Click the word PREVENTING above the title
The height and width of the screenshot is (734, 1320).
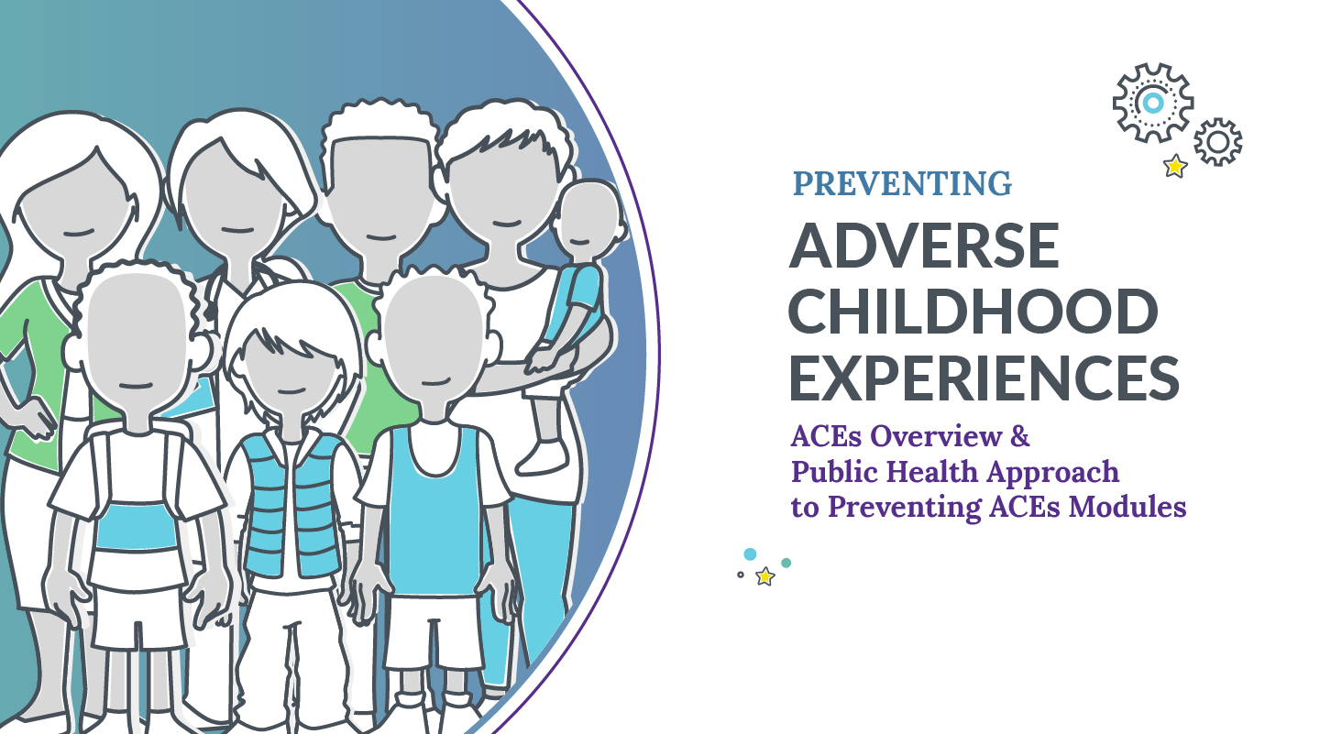tap(902, 184)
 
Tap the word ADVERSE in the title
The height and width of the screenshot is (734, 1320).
tap(924, 245)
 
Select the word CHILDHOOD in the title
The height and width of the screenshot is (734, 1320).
tap(973, 311)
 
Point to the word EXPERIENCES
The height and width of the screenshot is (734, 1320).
tap(984, 378)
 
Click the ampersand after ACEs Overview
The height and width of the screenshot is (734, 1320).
tap(1019, 437)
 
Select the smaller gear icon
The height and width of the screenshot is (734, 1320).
tap(1217, 142)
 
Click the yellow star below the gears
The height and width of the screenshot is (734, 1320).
tap(1172, 167)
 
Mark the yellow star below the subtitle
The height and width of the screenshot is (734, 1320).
tap(764, 576)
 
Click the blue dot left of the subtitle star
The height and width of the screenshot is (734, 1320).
tap(750, 554)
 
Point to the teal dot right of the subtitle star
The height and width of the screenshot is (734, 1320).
tap(786, 563)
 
